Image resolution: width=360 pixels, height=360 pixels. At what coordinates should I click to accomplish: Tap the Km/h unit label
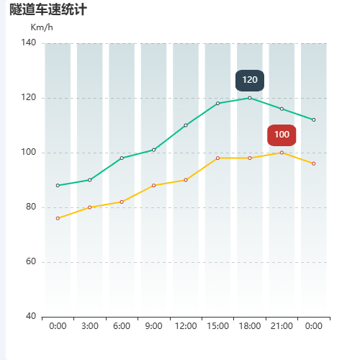42,27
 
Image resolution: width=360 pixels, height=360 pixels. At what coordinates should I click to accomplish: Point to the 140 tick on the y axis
30,43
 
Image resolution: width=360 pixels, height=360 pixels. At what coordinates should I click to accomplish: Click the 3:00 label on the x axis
90,326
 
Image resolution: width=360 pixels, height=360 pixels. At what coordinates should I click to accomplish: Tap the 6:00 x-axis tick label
122,326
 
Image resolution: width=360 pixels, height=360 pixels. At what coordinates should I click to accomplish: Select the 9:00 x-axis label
153,326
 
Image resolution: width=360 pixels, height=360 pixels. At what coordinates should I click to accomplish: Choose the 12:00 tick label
186,326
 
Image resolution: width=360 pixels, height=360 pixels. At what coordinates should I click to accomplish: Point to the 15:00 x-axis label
217,326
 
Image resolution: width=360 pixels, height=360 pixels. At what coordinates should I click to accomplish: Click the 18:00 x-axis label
250,326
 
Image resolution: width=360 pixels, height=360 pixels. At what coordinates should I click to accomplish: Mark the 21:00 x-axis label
282,326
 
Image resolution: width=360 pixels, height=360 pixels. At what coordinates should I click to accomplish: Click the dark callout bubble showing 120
250,80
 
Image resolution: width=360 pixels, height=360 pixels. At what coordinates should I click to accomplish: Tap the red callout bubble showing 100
282,135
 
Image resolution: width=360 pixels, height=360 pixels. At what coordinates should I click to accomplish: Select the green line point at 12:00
186,125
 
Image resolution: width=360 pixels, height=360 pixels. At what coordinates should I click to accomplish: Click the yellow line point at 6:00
122,202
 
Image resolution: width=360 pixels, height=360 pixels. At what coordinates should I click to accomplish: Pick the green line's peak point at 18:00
250,98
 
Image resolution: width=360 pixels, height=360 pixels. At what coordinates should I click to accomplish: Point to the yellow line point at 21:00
282,153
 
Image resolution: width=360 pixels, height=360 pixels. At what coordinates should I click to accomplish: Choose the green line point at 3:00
90,180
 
